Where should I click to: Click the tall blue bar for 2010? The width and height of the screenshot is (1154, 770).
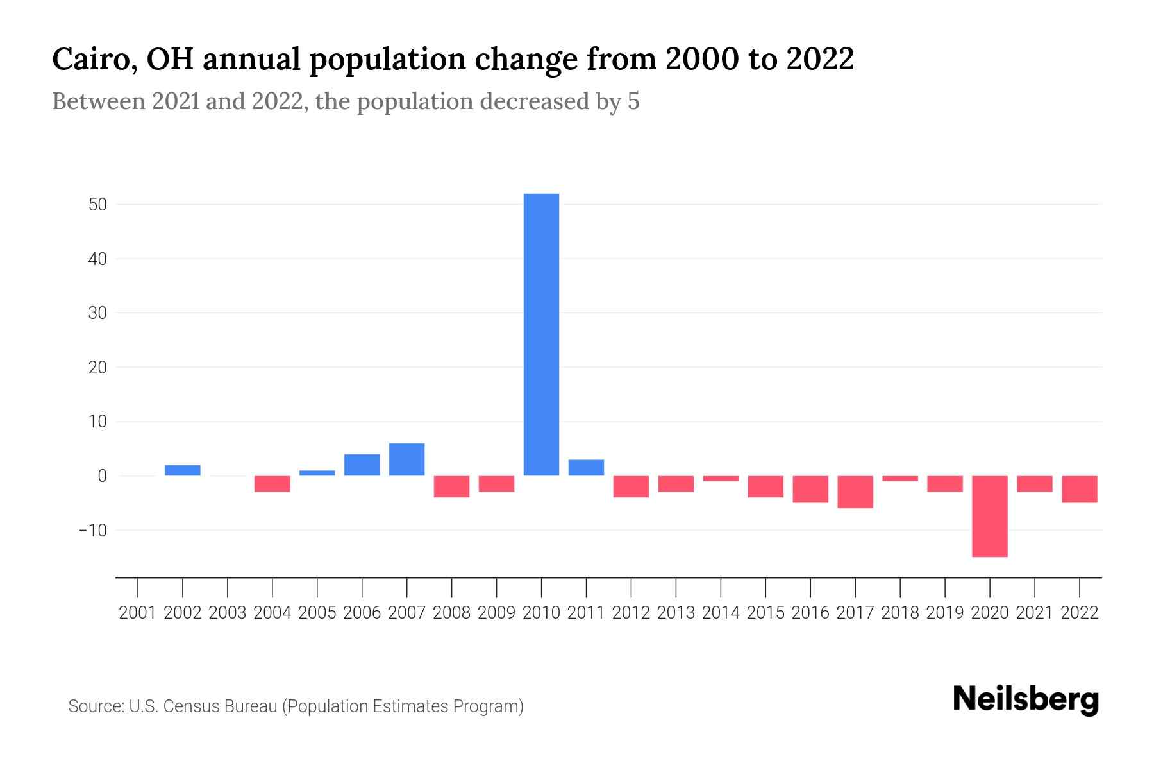pos(541,334)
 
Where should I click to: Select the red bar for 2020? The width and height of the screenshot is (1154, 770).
pos(989,516)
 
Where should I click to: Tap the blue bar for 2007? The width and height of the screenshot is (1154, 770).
pos(406,459)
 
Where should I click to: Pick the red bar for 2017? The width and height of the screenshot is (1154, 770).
pos(855,492)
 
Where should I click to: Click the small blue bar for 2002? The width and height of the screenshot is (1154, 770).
pos(183,470)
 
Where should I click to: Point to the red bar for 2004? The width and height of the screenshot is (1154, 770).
pos(272,484)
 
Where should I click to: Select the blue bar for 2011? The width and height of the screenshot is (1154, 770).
pos(586,468)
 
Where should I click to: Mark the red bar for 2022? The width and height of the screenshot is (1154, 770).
pos(1079,489)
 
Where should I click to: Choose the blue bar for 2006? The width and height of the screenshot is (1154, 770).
pos(362,465)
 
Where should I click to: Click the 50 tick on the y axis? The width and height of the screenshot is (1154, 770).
pos(97,205)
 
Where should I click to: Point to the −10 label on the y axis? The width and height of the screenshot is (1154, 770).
pos(92,531)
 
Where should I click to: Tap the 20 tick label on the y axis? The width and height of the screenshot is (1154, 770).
pos(97,368)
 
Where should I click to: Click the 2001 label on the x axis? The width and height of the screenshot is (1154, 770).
pos(138,613)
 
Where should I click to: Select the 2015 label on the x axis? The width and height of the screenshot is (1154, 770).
pos(765,613)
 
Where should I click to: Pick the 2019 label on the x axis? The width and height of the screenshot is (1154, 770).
pos(944,613)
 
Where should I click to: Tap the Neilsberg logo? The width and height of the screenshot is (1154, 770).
pos(1026,699)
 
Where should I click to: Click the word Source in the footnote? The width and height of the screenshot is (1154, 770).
pos(95,706)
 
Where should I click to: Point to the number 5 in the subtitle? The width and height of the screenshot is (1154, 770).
pos(633,102)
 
